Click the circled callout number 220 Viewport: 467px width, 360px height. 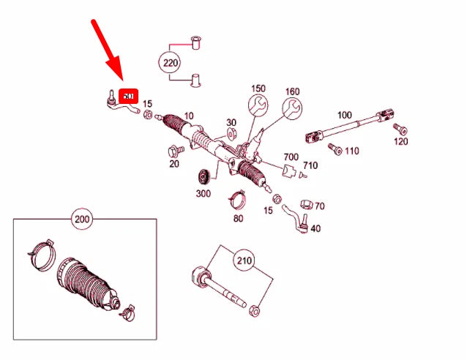171,63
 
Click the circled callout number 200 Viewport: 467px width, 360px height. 83,218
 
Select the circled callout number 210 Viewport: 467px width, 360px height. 244,259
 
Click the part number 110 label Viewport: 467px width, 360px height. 351,151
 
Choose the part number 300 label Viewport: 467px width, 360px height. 203,193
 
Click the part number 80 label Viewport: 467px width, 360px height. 239,217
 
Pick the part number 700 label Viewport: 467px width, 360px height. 291,157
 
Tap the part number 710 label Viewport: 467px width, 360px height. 310,165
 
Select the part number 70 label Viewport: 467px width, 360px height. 320,206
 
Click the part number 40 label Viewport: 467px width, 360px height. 315,228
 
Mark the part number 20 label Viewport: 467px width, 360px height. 174,163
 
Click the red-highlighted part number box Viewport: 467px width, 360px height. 129,96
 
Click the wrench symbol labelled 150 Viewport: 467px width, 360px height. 257,108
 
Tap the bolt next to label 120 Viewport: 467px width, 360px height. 399,129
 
